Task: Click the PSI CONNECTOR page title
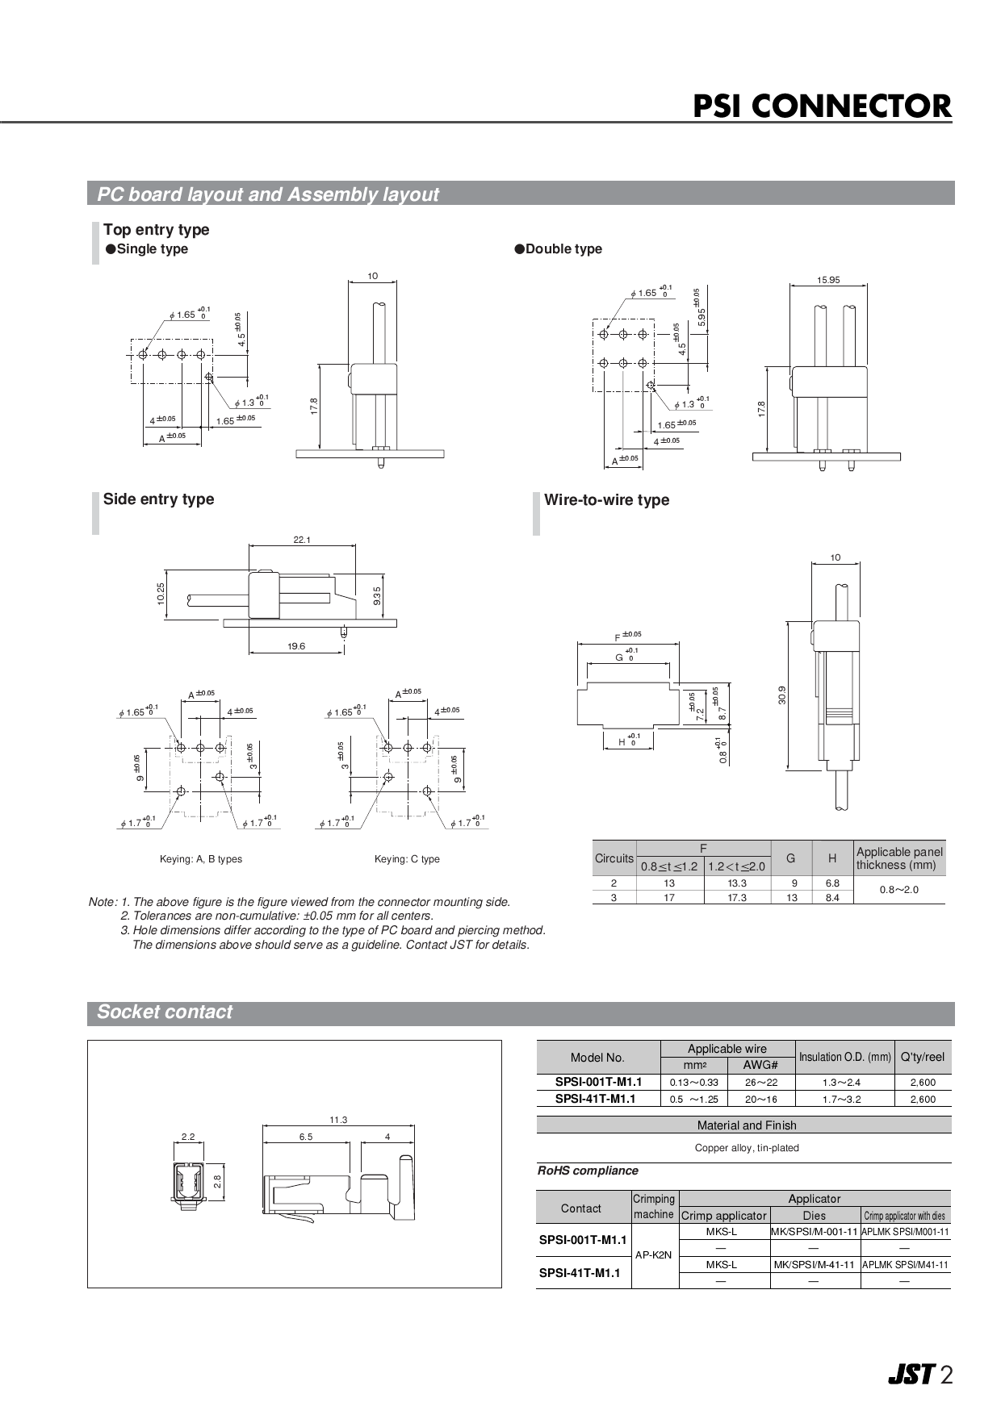click(x=822, y=106)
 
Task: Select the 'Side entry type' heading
click(x=158, y=499)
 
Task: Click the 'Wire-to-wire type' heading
click(x=606, y=500)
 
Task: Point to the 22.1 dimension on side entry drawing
click(x=302, y=540)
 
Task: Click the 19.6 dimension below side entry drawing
click(x=296, y=646)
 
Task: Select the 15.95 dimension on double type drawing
click(x=827, y=280)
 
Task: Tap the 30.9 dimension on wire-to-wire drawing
click(x=782, y=695)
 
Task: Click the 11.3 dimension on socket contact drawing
click(x=338, y=1120)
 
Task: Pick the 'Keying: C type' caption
click(x=407, y=859)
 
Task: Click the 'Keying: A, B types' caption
click(x=201, y=859)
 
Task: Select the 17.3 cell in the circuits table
click(x=736, y=897)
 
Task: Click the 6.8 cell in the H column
click(x=832, y=883)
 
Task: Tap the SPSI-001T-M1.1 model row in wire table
click(x=598, y=1082)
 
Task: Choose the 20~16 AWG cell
click(x=761, y=1099)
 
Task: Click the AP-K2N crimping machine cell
click(x=654, y=1255)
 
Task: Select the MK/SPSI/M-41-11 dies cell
click(x=814, y=1264)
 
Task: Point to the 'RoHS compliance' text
click(x=588, y=1171)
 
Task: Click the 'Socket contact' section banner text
click(x=165, y=1012)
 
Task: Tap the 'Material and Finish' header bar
click(x=746, y=1125)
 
